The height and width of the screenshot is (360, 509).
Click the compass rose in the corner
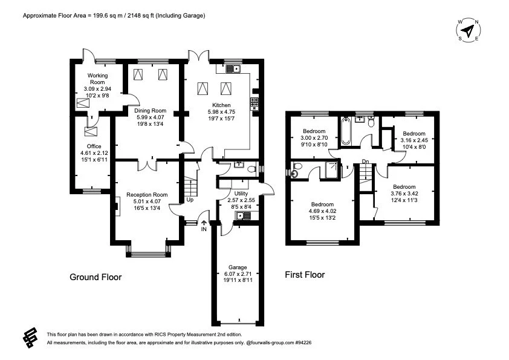point(468,30)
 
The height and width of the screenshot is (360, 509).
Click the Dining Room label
point(150,111)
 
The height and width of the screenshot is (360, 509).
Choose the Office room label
point(94,146)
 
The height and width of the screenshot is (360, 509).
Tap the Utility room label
point(236,192)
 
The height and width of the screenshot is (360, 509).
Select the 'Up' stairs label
point(190,200)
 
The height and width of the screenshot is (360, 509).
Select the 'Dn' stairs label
point(365,161)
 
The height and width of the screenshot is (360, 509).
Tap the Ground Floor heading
point(96,278)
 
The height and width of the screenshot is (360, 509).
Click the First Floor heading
point(305,275)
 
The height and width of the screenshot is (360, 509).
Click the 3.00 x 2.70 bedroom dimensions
point(314,138)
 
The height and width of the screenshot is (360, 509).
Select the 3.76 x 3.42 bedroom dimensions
point(404,194)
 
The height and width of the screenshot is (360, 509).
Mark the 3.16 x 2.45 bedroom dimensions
point(414,140)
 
